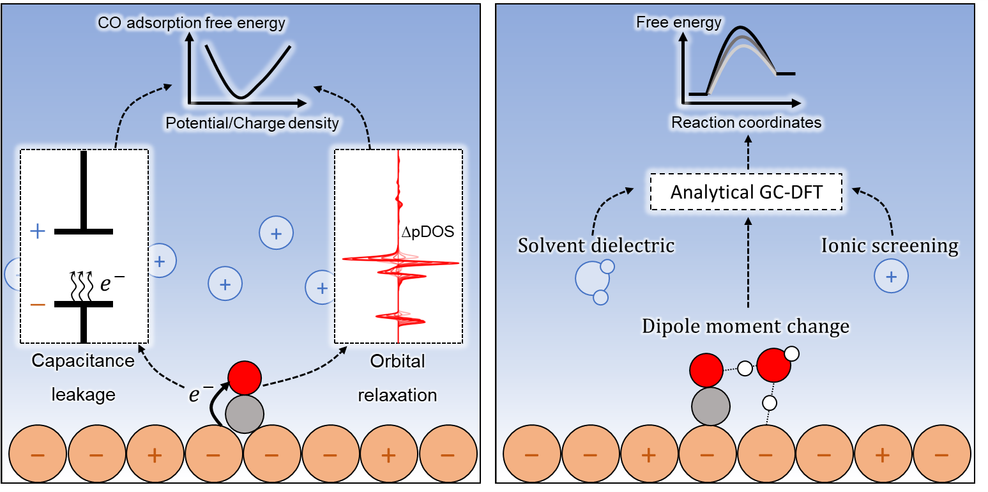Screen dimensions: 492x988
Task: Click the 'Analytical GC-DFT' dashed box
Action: click(745, 192)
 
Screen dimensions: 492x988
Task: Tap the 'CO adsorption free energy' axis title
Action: click(192, 24)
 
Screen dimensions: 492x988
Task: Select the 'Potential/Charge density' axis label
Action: click(252, 123)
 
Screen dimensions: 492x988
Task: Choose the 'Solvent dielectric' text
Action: click(597, 245)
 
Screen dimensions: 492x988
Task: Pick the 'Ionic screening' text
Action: click(890, 246)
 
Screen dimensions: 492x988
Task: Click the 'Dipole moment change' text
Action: click(745, 327)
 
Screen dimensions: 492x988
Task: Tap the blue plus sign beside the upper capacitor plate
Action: click(38, 231)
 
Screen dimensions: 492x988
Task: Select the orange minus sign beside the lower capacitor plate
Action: click(38, 304)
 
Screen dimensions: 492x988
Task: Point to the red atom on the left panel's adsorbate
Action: click(245, 377)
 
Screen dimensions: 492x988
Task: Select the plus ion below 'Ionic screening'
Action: click(892, 277)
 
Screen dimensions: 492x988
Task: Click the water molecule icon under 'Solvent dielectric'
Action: click(594, 279)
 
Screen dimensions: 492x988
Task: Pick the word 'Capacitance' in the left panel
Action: click(83, 361)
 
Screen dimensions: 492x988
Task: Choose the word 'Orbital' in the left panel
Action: click(397, 361)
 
